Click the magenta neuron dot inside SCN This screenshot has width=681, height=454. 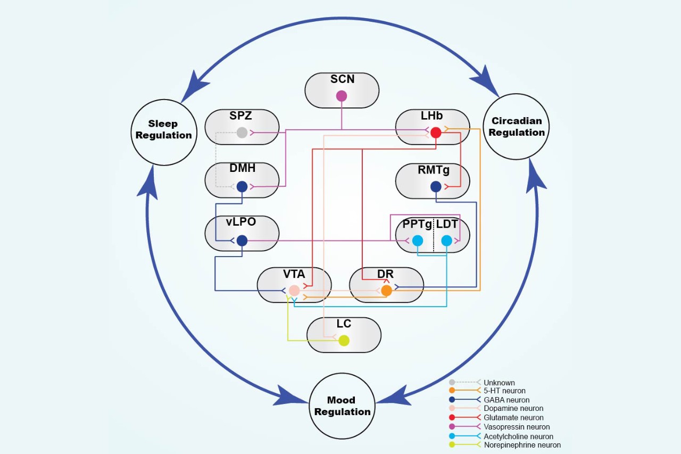(342, 96)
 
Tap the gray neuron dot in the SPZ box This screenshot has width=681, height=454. (242, 133)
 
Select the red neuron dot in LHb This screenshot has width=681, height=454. (436, 133)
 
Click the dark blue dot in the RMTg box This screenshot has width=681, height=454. (436, 187)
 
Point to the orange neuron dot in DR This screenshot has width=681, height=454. (386, 291)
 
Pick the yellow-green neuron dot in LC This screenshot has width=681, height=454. (344, 341)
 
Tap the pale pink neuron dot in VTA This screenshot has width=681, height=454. (294, 291)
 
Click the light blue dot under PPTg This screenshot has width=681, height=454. (418, 241)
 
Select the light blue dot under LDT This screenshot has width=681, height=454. (447, 241)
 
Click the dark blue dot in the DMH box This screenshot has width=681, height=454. (242, 187)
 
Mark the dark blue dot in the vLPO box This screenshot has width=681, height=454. (242, 241)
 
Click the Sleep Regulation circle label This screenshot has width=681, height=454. (163, 129)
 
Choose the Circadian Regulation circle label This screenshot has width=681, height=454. (517, 127)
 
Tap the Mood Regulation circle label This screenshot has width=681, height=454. (342, 406)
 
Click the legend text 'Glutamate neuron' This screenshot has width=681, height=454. (513, 418)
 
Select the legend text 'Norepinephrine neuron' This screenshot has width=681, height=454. (522, 445)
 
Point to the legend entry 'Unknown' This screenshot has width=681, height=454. (499, 383)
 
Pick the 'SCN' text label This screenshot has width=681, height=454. (342, 80)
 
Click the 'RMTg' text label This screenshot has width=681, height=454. (433, 170)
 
